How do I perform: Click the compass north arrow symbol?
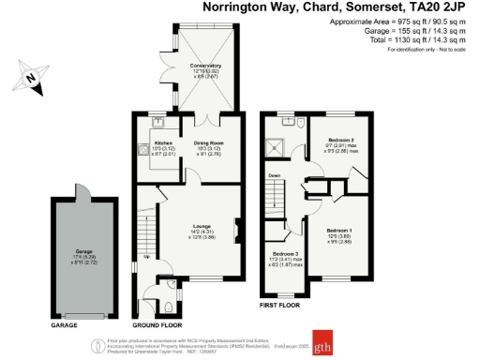pyautogui.click(x=30, y=76)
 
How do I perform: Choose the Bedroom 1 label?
pyautogui.click(x=338, y=230)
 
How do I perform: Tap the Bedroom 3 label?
pyautogui.click(x=285, y=253)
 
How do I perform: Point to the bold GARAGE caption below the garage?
pyautogui.click(x=64, y=324)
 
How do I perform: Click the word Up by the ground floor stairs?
pyautogui.click(x=146, y=256)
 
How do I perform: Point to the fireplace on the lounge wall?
pyautogui.click(x=237, y=229)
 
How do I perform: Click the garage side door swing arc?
pyautogui.click(x=83, y=190)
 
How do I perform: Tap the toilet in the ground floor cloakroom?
pyautogui.click(x=168, y=286)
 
